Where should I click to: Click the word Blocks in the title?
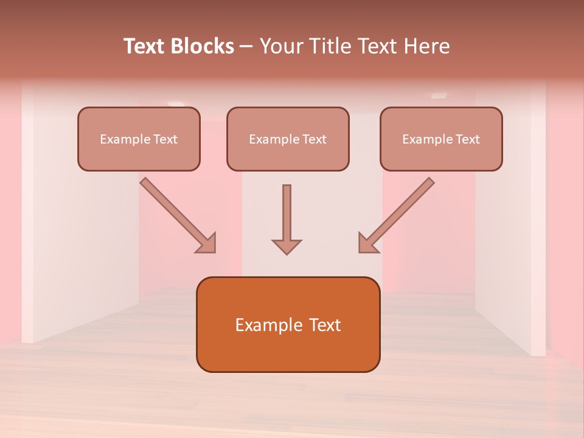pyautogui.click(x=201, y=46)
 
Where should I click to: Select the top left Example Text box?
pyautogui.click(x=139, y=139)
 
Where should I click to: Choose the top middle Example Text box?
pyautogui.click(x=288, y=139)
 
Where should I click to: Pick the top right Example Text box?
pyautogui.click(x=441, y=139)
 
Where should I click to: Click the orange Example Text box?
pyautogui.click(x=288, y=324)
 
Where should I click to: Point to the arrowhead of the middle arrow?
pyautogui.click(x=287, y=246)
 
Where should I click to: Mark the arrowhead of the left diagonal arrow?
pyautogui.click(x=207, y=243)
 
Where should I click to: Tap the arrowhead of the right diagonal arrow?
pyautogui.click(x=367, y=243)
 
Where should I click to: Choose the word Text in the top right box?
pyautogui.click(x=467, y=139)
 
